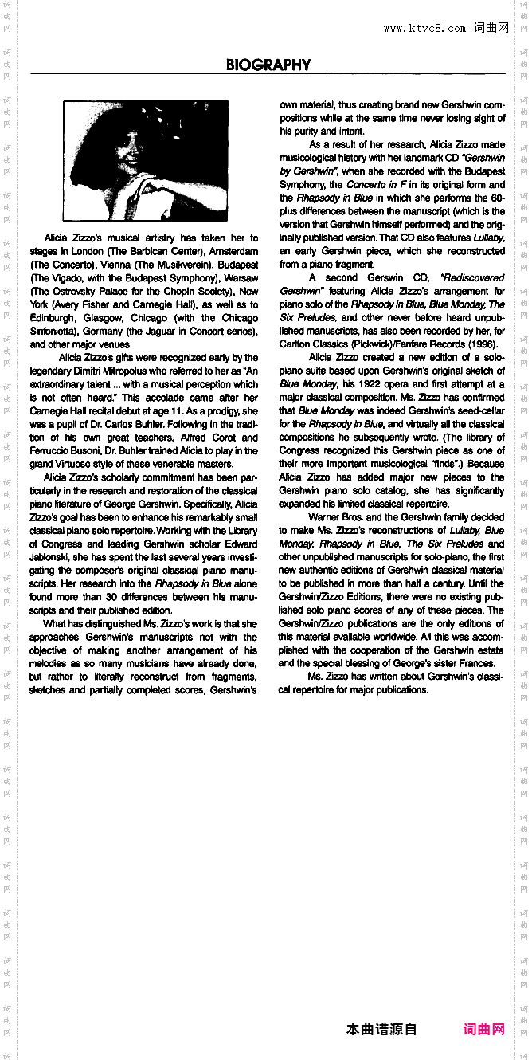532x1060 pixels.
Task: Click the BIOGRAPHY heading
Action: pos(268,65)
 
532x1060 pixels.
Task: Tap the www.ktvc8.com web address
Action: pos(424,28)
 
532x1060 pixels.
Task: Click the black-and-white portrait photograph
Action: pos(145,161)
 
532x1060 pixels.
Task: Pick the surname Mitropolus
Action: pos(129,371)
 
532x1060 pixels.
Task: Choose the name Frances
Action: pos(477,663)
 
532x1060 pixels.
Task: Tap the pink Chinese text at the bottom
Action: pos(483,1030)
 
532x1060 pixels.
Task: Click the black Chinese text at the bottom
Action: pos(381,1030)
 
